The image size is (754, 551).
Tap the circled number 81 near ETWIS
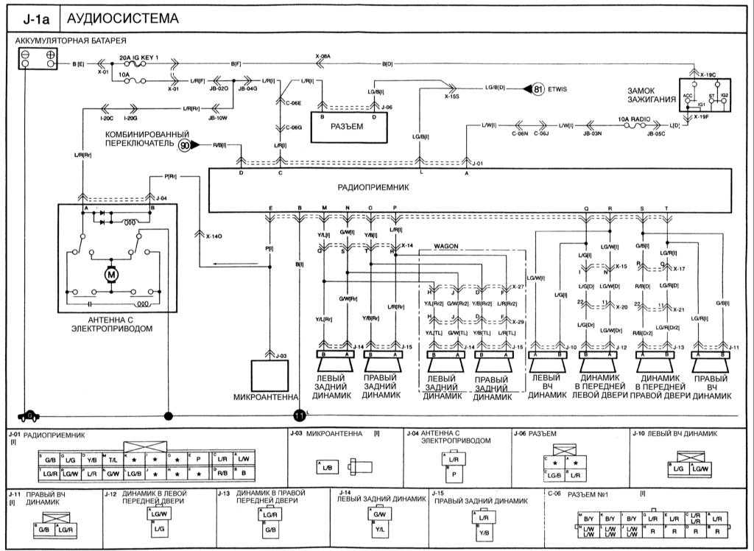tap(538, 90)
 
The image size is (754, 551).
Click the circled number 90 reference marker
tap(185, 145)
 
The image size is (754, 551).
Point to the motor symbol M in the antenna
tap(112, 275)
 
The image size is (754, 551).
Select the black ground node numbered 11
tap(299, 415)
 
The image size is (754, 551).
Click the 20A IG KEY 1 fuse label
tap(139, 57)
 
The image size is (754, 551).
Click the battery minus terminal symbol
tap(26, 56)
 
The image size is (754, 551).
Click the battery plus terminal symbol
tap(51, 56)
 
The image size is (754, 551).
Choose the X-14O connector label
tap(212, 236)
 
